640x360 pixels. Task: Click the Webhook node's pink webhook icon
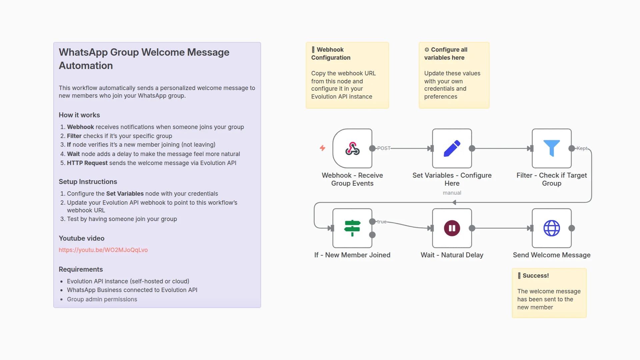pos(352,149)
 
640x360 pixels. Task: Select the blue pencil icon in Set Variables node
pos(452,149)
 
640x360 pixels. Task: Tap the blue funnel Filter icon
pos(551,148)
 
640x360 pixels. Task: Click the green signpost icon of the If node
pos(352,228)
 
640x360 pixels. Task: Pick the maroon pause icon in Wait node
pos(452,228)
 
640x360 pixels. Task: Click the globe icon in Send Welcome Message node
pos(551,228)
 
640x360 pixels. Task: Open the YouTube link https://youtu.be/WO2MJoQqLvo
pos(103,250)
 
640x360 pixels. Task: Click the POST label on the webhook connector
pos(383,148)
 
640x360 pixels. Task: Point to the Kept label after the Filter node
pos(582,148)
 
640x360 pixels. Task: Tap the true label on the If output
pos(382,222)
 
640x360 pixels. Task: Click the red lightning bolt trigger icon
pos(322,148)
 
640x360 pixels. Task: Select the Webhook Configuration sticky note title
pos(330,54)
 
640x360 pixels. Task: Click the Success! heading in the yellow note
pos(535,276)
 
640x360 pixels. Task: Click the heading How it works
pos(79,115)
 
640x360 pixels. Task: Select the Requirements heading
pos(81,269)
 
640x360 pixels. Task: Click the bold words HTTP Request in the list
pos(87,163)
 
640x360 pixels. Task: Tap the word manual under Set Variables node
pos(452,193)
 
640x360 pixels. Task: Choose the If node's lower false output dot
pos(372,235)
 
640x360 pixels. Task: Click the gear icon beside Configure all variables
pos(427,50)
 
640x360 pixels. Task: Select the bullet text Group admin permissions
pos(102,299)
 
